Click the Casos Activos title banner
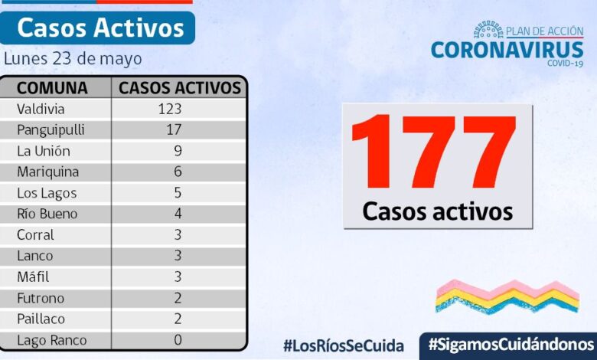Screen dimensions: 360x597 (100, 28)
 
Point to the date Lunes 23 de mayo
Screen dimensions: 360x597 (73, 59)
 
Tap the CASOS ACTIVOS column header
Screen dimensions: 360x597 (180, 87)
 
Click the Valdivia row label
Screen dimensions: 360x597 (43, 109)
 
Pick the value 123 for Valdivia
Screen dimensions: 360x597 (169, 109)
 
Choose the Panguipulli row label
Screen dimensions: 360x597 (51, 129)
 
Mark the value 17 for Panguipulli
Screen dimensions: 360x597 (173, 129)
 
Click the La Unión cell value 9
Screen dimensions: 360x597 (178, 151)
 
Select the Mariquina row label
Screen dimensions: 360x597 (47, 172)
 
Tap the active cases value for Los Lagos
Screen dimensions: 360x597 (178, 193)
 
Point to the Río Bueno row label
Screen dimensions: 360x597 (47, 214)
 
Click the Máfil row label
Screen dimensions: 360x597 (35, 277)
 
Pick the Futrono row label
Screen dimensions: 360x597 (41, 298)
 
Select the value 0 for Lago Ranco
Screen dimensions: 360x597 (178, 340)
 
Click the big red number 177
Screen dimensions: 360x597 (434, 152)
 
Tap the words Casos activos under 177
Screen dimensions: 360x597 (437, 211)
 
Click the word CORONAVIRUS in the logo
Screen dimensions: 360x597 (507, 50)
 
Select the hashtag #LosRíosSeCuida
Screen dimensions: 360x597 (343, 345)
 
